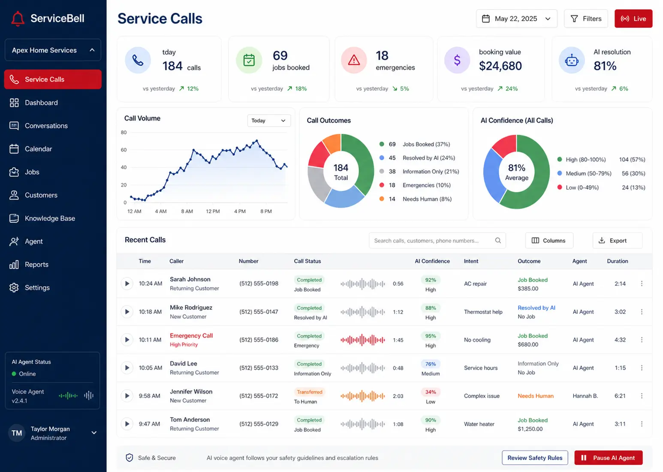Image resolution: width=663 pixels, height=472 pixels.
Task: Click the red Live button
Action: click(633, 18)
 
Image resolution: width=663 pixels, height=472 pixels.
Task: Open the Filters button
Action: click(586, 18)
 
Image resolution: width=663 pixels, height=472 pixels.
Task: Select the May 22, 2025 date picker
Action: click(516, 18)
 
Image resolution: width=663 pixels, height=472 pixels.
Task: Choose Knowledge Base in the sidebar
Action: click(50, 218)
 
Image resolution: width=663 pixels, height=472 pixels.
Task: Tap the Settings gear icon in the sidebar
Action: click(14, 287)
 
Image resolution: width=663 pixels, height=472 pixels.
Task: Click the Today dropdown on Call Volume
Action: click(269, 121)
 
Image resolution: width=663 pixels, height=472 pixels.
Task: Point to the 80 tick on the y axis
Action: click(124, 132)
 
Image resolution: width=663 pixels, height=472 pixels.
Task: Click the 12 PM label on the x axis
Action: click(213, 212)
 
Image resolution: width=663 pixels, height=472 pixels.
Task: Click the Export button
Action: click(618, 240)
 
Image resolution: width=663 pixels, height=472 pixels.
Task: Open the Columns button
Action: click(549, 240)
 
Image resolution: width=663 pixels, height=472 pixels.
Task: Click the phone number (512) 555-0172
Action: click(259, 396)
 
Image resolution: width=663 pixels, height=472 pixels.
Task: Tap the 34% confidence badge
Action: click(431, 392)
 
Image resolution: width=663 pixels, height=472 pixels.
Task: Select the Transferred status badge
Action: click(310, 392)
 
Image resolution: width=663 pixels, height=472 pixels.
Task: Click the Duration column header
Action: click(618, 261)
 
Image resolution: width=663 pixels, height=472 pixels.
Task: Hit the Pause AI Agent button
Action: click(608, 458)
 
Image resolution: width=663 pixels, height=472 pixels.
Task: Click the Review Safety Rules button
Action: click(535, 458)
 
